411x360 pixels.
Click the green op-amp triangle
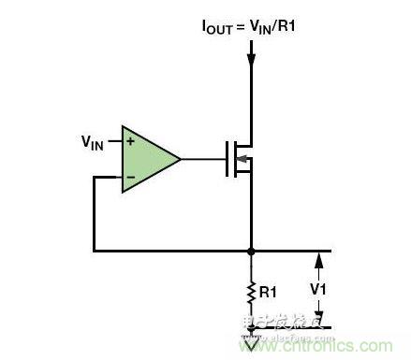147,159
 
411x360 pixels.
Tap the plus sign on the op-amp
130,142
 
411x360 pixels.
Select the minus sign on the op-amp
130,176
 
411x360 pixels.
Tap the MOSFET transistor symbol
241,159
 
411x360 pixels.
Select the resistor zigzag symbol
251,293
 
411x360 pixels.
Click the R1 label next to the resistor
269,293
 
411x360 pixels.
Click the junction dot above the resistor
251,251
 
